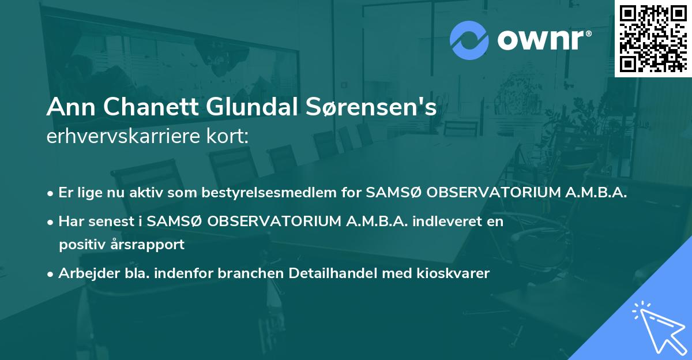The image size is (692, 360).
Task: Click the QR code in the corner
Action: click(653, 39)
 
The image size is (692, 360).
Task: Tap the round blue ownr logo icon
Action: click(469, 40)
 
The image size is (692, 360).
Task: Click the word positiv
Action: click(81, 244)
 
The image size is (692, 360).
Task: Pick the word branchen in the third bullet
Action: click(247, 273)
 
